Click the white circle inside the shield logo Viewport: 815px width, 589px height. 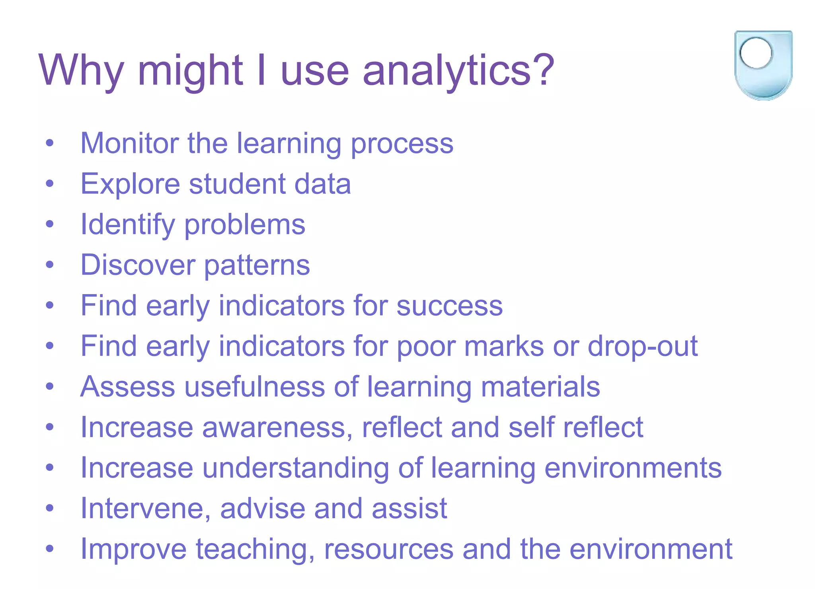tap(756, 53)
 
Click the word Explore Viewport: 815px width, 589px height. tap(130, 184)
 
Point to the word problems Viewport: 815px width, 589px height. tap(245, 225)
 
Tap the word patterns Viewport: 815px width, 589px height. tap(257, 266)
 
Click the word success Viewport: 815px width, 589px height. tap(450, 306)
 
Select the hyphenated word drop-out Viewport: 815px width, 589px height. tap(643, 346)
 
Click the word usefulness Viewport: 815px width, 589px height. tap(255, 387)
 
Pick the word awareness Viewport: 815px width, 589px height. tap(277, 427)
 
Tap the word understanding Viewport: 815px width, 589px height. tap(296, 468)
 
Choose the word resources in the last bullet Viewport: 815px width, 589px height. tap(389, 550)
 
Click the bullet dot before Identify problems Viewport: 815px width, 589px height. tap(49, 224)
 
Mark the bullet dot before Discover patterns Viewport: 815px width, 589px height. tap(49, 265)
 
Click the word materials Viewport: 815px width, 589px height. tap(540, 387)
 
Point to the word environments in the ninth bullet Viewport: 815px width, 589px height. tap(633, 468)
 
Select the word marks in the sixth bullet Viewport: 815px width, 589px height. tap(504, 346)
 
